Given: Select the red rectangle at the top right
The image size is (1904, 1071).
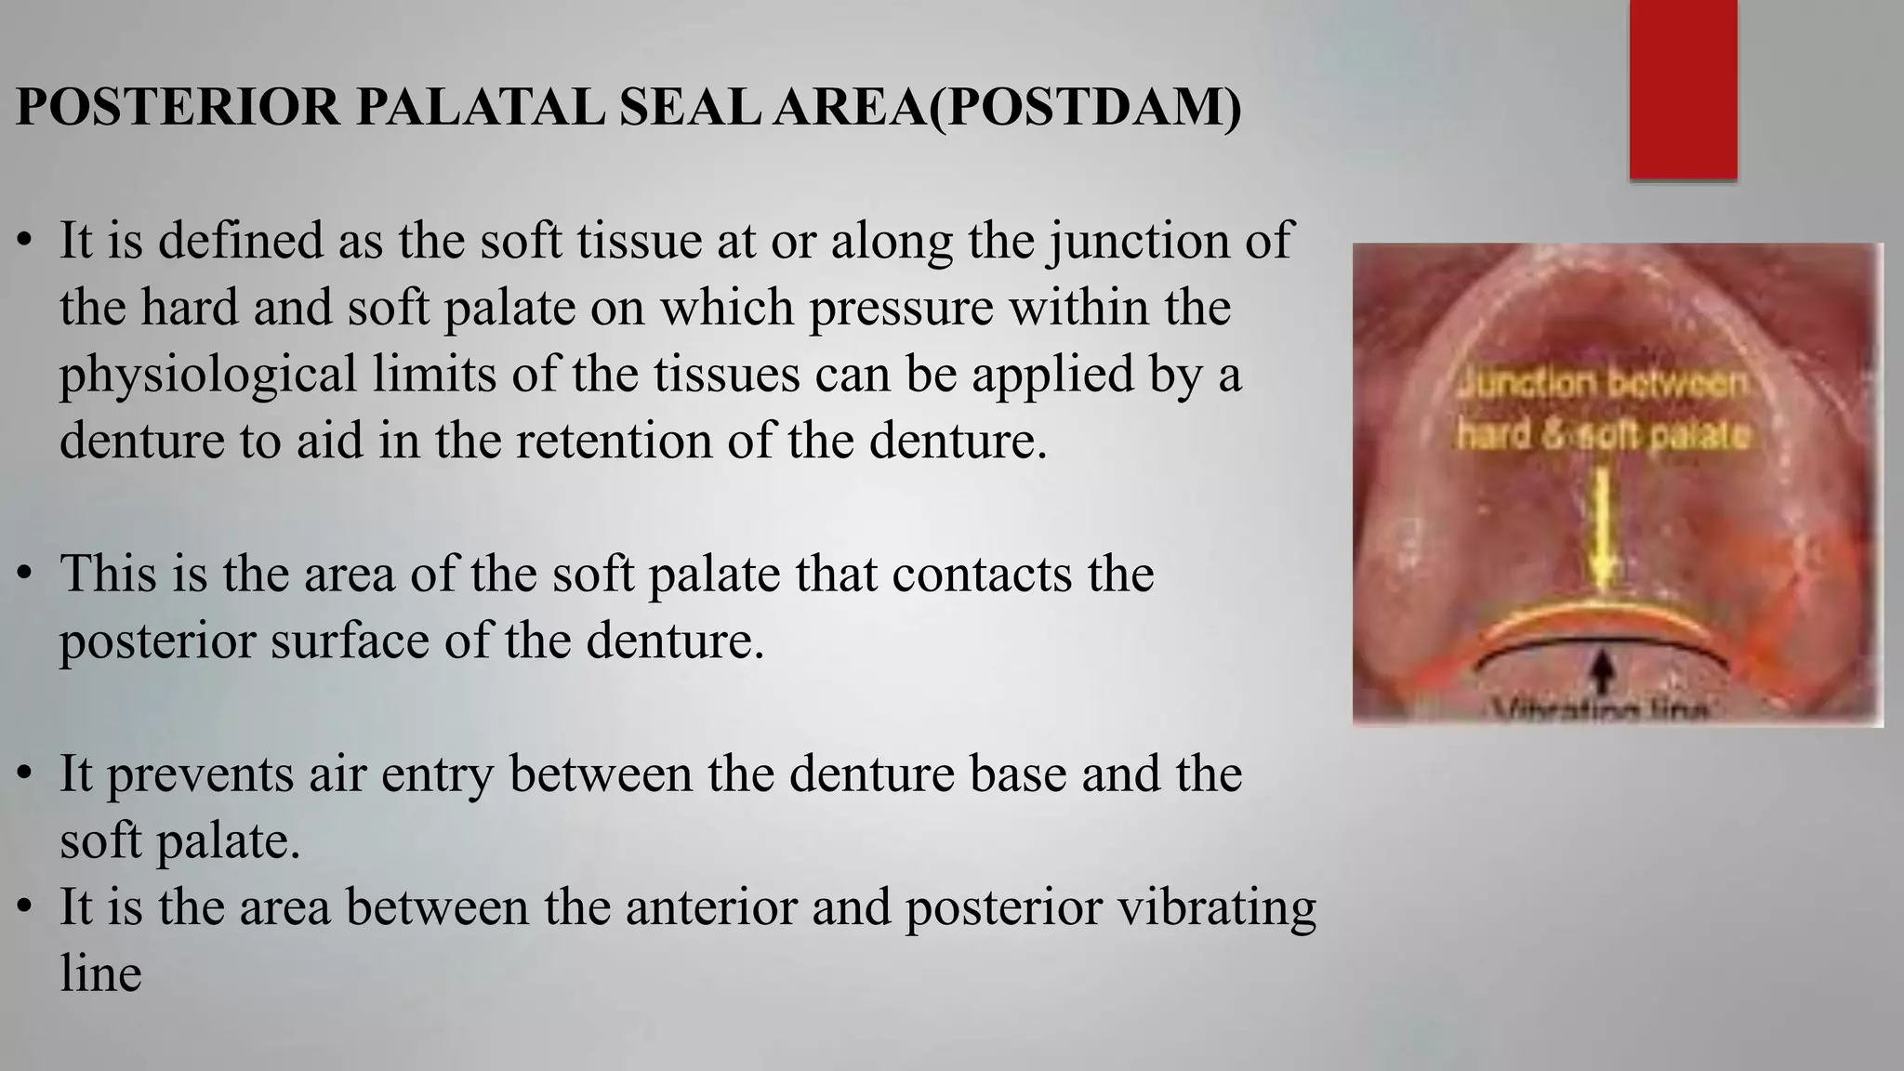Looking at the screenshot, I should pyautogui.click(x=1683, y=89).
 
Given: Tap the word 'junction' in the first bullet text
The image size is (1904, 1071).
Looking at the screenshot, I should pyautogui.click(x=1124, y=240).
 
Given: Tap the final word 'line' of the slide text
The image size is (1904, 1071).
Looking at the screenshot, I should pyautogui.click(x=100, y=973).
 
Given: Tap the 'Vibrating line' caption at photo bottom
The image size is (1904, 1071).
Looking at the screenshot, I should pyautogui.click(x=1601, y=714).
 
